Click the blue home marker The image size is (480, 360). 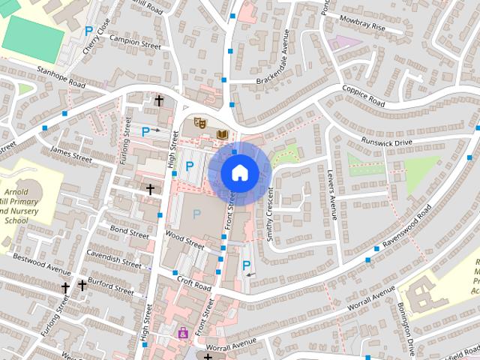[x=239, y=172]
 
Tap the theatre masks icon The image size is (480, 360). [x=199, y=122]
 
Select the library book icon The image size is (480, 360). [x=222, y=134]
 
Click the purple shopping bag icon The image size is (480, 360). [x=182, y=332]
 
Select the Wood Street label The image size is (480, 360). [x=184, y=241]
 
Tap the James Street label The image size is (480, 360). [x=70, y=154]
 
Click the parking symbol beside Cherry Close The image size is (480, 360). [x=89, y=31]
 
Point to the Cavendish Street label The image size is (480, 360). [x=112, y=258]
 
